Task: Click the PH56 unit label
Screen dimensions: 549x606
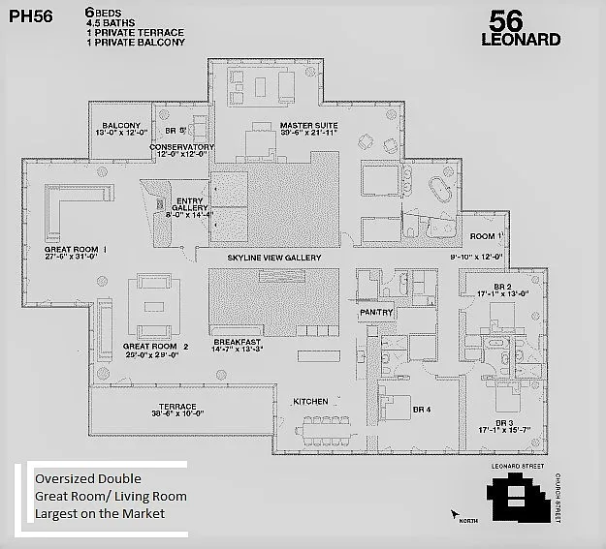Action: point(32,16)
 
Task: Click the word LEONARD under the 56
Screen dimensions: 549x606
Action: point(521,41)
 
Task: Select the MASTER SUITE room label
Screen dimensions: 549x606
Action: point(308,126)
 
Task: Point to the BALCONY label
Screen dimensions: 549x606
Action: point(121,126)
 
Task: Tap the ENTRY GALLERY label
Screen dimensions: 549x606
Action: point(189,207)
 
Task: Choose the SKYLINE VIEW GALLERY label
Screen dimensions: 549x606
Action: point(273,258)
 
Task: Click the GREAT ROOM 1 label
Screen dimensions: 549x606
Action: point(75,249)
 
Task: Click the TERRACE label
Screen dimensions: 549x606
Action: point(177,407)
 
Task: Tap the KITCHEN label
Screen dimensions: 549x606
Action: point(310,401)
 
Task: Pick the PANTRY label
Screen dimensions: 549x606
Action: point(375,313)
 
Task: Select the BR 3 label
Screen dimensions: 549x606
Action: point(503,423)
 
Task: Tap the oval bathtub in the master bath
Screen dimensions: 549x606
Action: point(440,188)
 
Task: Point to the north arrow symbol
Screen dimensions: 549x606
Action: point(454,514)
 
